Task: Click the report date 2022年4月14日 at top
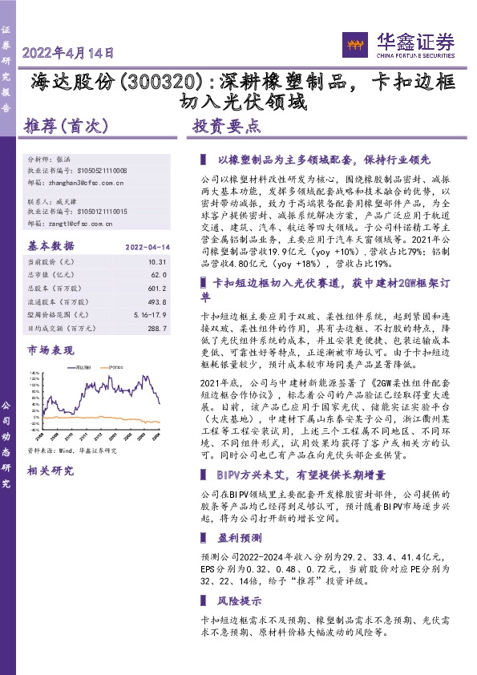point(69,54)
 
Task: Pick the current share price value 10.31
point(156,261)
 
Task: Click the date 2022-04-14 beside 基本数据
point(145,245)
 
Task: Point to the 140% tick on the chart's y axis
point(35,374)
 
